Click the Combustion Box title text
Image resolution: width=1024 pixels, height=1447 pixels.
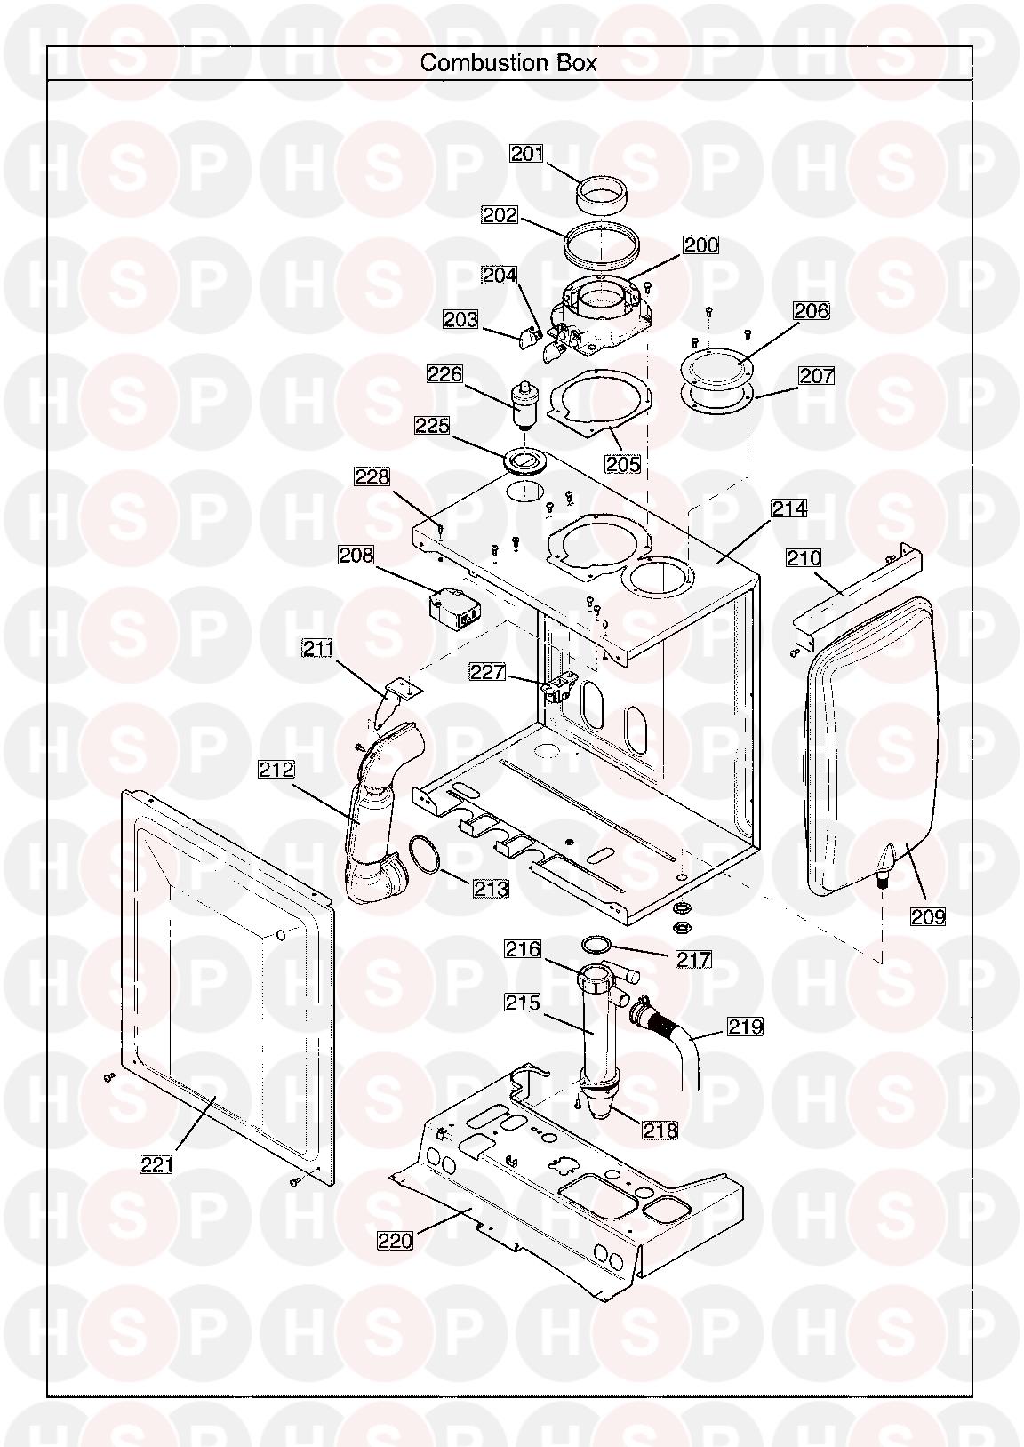pyautogui.click(x=508, y=62)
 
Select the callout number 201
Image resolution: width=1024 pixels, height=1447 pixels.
pyautogui.click(x=526, y=154)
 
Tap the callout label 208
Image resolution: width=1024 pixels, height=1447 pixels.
pyautogui.click(x=356, y=555)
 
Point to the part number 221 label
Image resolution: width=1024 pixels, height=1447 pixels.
pyautogui.click(x=157, y=1164)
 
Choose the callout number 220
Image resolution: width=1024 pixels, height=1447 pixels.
pyautogui.click(x=395, y=1240)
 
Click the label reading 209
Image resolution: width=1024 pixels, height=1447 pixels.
pyautogui.click(x=928, y=916)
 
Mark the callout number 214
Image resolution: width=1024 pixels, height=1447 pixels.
pyautogui.click(x=789, y=509)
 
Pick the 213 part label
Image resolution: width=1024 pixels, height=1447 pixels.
pyautogui.click(x=491, y=889)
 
